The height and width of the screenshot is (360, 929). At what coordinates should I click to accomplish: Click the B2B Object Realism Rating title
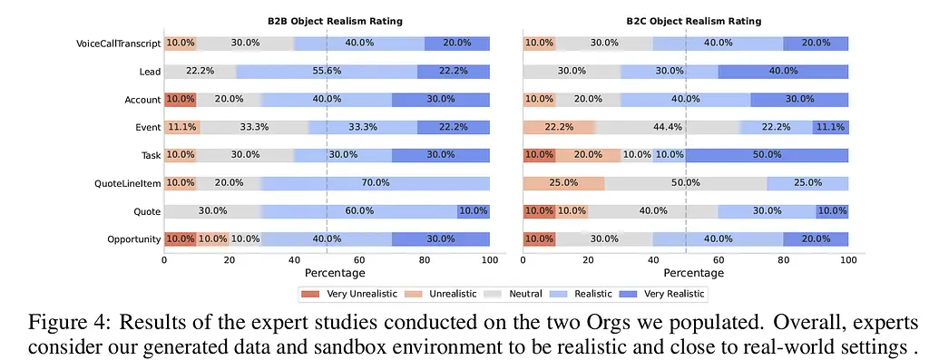[335, 22]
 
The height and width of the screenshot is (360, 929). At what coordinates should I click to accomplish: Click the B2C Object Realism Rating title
[694, 22]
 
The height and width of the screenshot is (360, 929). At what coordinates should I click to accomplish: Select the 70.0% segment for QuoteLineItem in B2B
[376, 183]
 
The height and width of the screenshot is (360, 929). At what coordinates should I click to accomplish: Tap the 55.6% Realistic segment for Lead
[327, 72]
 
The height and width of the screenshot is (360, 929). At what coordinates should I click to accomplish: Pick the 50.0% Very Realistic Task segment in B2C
[767, 155]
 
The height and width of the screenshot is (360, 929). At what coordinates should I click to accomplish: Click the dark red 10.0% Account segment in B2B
[181, 100]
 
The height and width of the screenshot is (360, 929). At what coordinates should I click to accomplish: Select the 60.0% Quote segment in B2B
[359, 211]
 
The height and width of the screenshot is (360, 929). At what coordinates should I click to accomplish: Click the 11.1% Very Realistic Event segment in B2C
[830, 127]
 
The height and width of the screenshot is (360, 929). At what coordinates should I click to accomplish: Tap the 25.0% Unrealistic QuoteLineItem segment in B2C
[563, 183]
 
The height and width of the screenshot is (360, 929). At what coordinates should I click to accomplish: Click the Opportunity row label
[134, 239]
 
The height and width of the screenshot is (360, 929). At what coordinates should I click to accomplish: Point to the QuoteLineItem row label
[127, 183]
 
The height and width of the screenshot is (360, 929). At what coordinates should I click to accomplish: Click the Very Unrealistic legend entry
[349, 294]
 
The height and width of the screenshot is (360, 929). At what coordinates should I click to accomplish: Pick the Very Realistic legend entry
[661, 294]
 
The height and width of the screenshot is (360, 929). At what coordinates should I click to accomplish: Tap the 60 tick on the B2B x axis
[359, 259]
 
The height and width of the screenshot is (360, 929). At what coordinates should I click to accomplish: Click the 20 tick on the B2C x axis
[588, 259]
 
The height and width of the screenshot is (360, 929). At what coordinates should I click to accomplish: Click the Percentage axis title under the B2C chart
[693, 273]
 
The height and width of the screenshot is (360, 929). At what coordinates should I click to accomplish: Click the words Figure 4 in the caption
[68, 325]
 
